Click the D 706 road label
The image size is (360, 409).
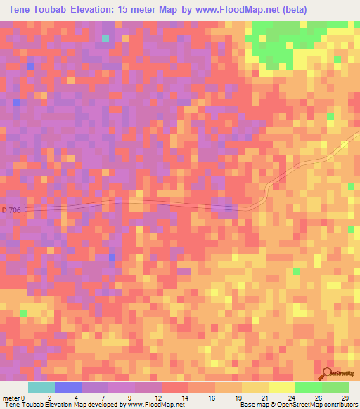click(x=12, y=210)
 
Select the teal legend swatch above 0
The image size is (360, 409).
click(x=41, y=387)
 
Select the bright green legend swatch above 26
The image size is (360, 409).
click(x=309, y=387)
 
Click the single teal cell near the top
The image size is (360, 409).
click(x=105, y=39)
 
